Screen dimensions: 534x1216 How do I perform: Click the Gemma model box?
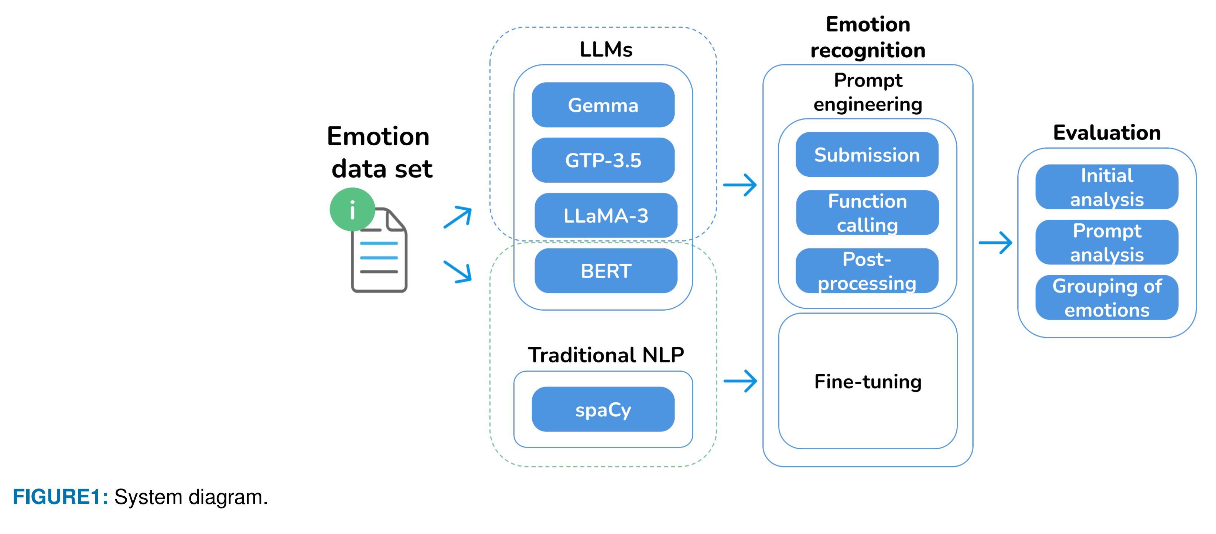[603, 105]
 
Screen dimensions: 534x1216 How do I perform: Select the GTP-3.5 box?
[603, 160]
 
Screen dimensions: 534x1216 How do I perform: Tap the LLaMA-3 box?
[606, 216]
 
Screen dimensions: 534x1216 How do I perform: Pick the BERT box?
[606, 271]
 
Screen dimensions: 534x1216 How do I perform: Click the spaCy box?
[603, 409]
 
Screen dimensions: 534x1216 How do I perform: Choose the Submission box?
[867, 155]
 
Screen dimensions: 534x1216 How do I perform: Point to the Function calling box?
[867, 213]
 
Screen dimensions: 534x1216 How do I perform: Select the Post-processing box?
[867, 271]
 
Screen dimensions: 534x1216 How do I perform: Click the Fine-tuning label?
[868, 381]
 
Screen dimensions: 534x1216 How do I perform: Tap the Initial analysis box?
[1107, 187]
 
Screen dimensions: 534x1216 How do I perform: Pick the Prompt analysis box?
[1107, 243]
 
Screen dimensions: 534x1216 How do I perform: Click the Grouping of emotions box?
[1107, 298]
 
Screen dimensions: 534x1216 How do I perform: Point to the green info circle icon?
[352, 209]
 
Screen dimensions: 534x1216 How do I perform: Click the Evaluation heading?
[1107, 133]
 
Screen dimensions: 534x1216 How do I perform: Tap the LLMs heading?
[606, 50]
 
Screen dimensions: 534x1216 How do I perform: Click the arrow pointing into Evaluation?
[995, 243]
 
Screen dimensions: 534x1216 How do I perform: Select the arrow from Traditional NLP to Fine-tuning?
[740, 381]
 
